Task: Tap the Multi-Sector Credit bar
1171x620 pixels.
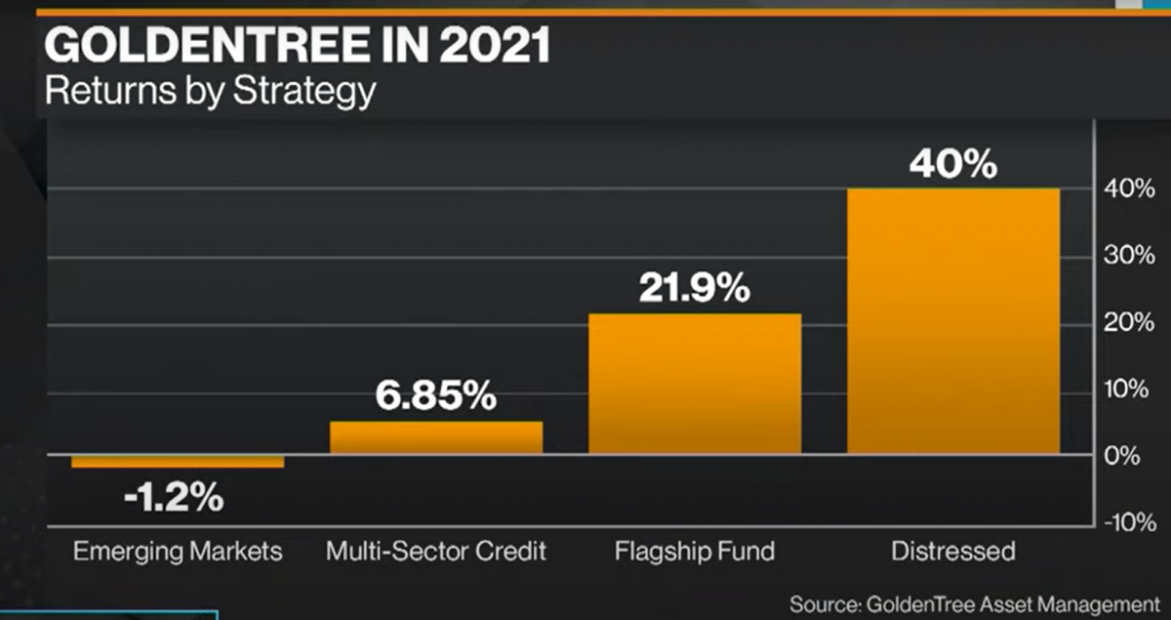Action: point(436,437)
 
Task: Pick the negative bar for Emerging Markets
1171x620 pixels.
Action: point(178,461)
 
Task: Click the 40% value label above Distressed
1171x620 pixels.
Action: point(952,164)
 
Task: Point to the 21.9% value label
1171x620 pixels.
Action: point(695,288)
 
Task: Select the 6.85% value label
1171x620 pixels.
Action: point(436,398)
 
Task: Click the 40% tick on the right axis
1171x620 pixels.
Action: point(1131,189)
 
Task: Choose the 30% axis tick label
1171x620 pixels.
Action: point(1131,257)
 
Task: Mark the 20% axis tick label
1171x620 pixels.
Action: point(1131,323)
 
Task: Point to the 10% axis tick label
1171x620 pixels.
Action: point(1131,391)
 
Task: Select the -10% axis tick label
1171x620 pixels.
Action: point(1129,522)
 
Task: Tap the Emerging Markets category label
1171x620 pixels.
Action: point(178,552)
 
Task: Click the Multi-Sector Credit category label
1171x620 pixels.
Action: point(436,552)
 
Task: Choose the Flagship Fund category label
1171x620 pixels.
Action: point(695,552)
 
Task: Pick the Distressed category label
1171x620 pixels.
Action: point(952,552)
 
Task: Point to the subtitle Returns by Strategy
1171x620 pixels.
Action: point(210,91)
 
